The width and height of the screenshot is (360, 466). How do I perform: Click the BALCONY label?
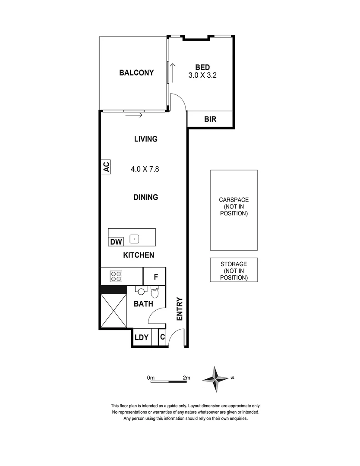tap(136, 72)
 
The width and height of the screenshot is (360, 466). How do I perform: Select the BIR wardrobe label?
tap(210, 120)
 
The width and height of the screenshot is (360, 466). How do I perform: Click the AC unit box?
tap(106, 167)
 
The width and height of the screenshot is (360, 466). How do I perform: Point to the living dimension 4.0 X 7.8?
tap(145, 169)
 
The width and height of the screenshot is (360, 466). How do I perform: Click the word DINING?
tap(146, 197)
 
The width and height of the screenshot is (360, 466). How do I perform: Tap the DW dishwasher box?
tap(116, 242)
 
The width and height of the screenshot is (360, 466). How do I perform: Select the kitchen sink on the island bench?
tap(135, 238)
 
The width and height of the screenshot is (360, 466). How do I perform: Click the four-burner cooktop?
tap(116, 276)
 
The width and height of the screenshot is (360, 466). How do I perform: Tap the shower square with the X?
tap(113, 311)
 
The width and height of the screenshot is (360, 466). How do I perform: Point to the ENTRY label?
tap(180, 309)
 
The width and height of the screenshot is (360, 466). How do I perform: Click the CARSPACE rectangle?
tap(234, 210)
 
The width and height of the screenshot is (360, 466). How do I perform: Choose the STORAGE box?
tap(234, 270)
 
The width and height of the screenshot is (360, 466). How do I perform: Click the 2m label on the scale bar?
tap(186, 378)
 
